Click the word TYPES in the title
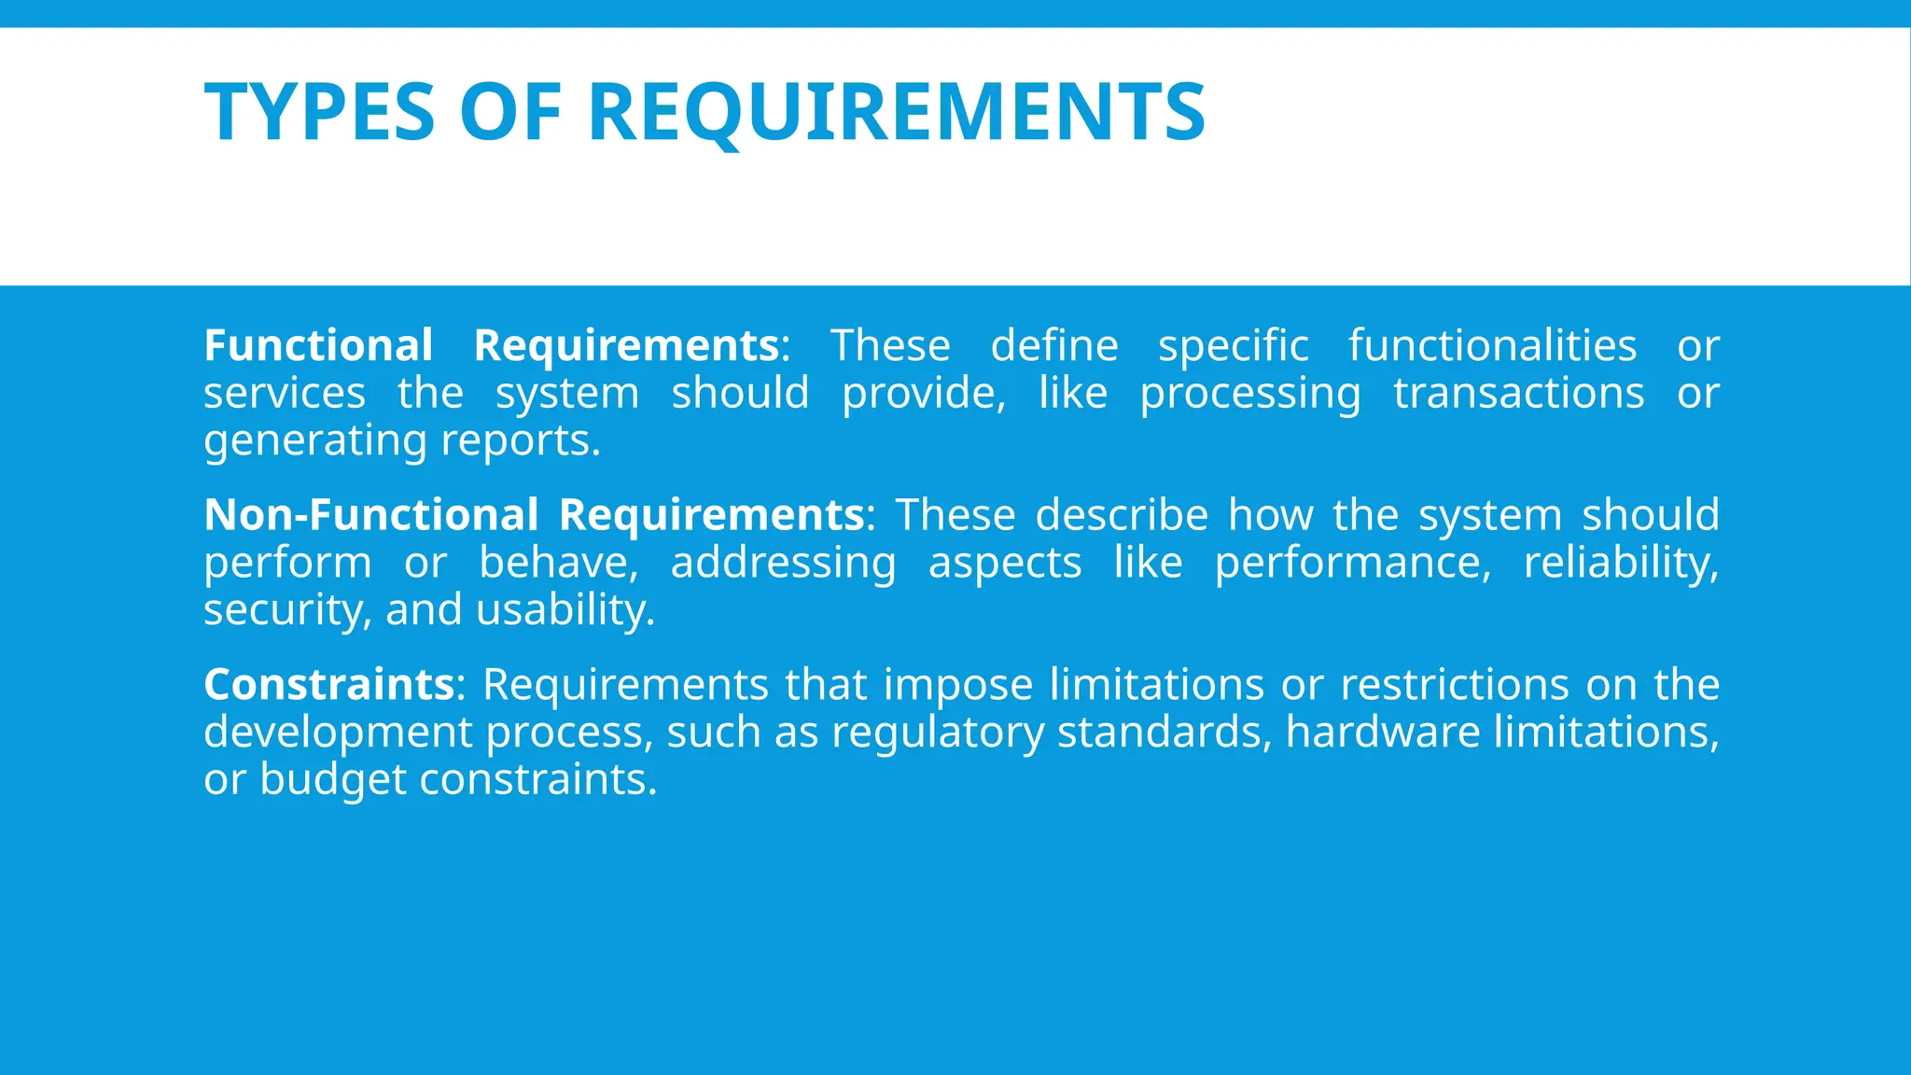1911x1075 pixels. click(320, 113)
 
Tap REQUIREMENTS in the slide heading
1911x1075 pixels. click(897, 113)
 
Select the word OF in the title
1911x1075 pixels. click(510, 113)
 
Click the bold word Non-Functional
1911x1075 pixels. click(371, 515)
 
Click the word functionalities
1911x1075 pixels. click(1492, 346)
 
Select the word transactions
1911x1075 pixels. click(1518, 394)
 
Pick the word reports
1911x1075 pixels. click(520, 441)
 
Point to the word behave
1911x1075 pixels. click(558, 563)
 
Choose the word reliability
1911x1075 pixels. click(1621, 563)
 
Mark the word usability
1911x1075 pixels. click(565, 610)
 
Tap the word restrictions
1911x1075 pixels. click(1455, 685)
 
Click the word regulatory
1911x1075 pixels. click(938, 733)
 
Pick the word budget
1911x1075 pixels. click(332, 780)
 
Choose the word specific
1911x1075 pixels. click(1234, 346)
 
